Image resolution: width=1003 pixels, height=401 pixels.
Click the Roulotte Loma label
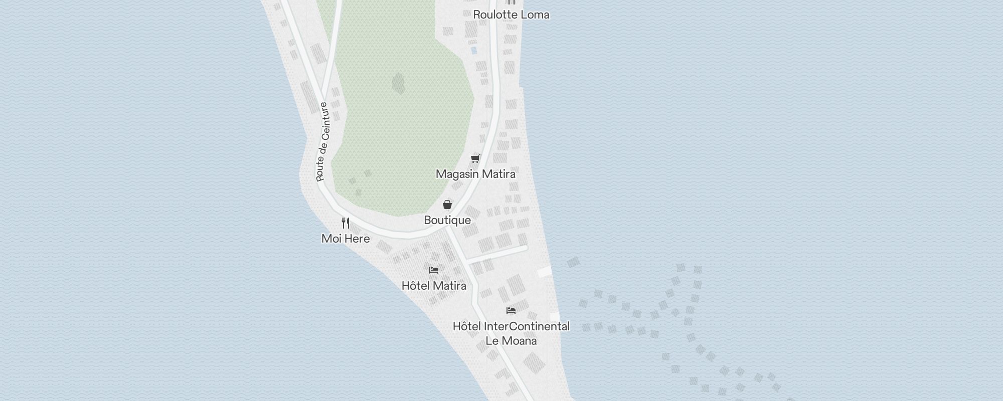(x=511, y=15)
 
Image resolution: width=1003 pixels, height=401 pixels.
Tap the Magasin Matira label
(x=475, y=174)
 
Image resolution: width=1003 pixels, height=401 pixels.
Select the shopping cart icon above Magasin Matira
(x=475, y=159)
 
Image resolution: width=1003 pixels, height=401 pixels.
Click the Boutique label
(x=447, y=220)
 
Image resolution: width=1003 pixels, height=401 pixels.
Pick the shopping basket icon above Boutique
(x=447, y=205)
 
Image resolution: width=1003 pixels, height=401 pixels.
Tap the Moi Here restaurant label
(x=346, y=239)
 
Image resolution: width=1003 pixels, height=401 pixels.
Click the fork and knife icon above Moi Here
(x=346, y=223)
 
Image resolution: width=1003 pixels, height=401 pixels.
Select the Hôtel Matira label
(x=434, y=286)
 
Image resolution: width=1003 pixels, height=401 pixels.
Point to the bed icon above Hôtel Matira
(x=434, y=270)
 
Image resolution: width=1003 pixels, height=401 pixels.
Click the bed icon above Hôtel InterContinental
(x=511, y=311)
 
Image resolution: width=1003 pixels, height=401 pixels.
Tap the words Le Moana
(x=511, y=341)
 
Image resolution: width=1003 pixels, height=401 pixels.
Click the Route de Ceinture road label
(x=323, y=142)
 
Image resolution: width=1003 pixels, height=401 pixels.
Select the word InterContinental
(x=527, y=326)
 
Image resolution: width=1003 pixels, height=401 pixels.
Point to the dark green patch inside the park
(x=398, y=84)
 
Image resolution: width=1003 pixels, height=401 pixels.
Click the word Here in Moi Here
(x=358, y=239)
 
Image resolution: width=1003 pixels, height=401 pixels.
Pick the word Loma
(x=535, y=15)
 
